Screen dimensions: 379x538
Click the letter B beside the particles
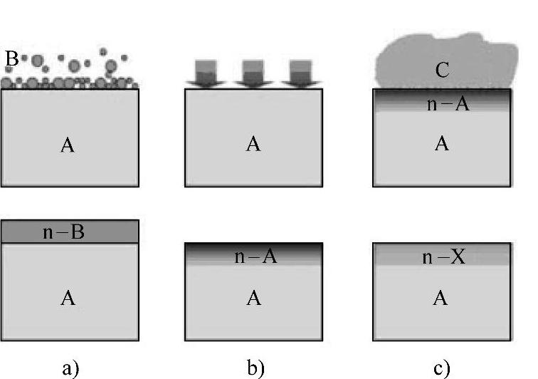(12, 60)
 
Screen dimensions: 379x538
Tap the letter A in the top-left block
(68, 146)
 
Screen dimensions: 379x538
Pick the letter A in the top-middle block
(253, 145)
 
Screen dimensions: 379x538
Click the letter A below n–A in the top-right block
(442, 144)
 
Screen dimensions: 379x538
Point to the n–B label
(64, 232)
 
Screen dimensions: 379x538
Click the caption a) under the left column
(68, 367)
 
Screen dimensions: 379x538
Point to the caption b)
(254, 367)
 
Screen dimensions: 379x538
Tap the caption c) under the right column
(441, 367)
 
